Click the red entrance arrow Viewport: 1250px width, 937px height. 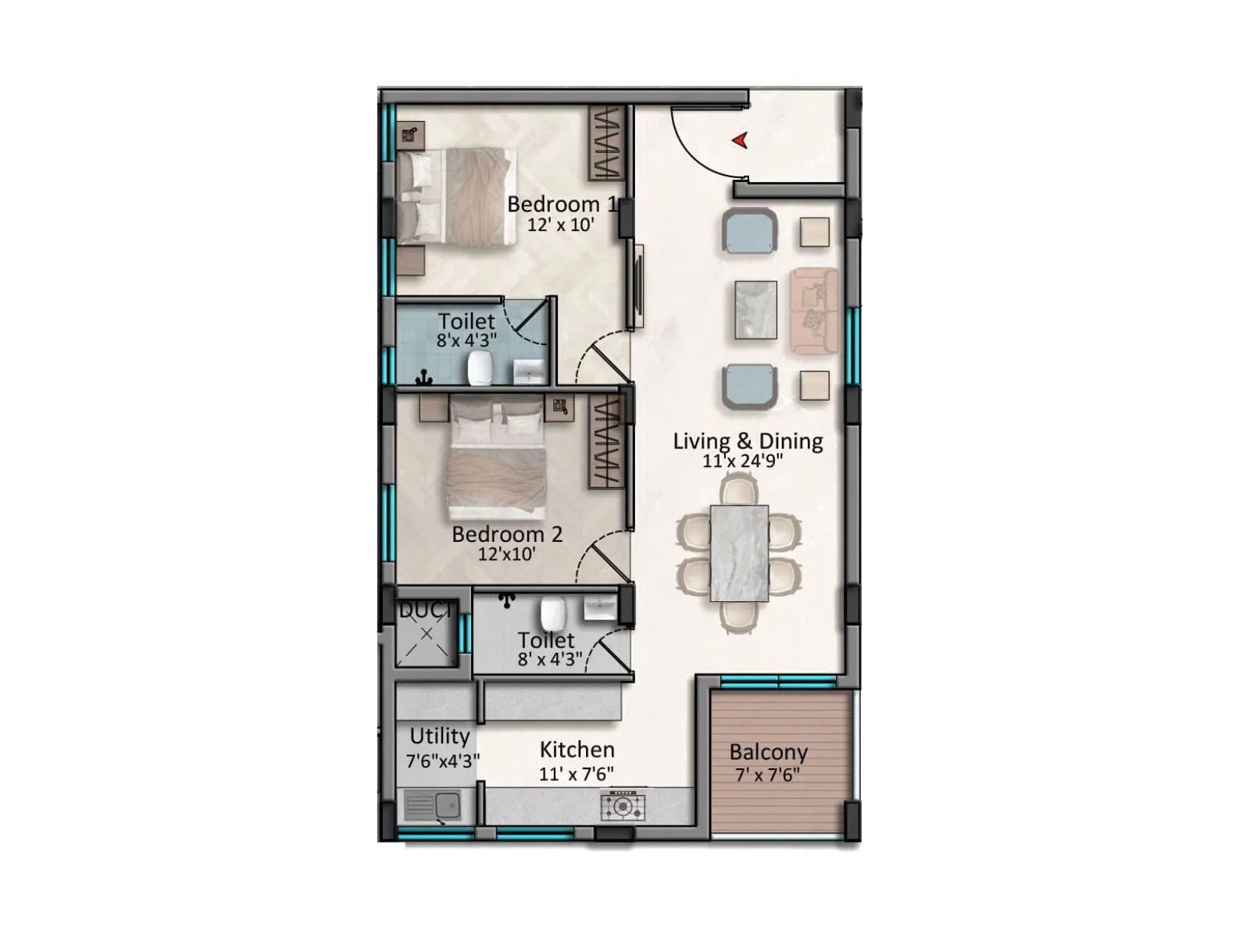pyautogui.click(x=740, y=141)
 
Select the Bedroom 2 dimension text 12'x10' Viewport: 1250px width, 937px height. pyautogui.click(x=506, y=554)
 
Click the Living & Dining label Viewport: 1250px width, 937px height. pyautogui.click(x=748, y=441)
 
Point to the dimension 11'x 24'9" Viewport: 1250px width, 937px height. pyautogui.click(x=742, y=461)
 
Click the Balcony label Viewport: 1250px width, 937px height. pyautogui.click(x=768, y=753)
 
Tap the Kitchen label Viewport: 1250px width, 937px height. pyautogui.click(x=577, y=750)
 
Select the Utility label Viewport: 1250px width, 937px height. pyautogui.click(x=439, y=736)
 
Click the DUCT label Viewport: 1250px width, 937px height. pyautogui.click(x=425, y=610)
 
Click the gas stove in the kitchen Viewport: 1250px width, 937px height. pyautogui.click(x=623, y=806)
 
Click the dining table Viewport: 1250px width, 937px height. pyautogui.click(x=739, y=553)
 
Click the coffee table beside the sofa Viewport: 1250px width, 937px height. pyautogui.click(x=755, y=310)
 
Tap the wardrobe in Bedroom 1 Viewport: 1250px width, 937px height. pyautogui.click(x=606, y=143)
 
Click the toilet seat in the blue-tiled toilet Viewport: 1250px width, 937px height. pyautogui.click(x=479, y=368)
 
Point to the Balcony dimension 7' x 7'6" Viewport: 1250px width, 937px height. pyautogui.click(x=768, y=775)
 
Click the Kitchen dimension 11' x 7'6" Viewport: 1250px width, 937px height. pyautogui.click(x=576, y=774)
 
